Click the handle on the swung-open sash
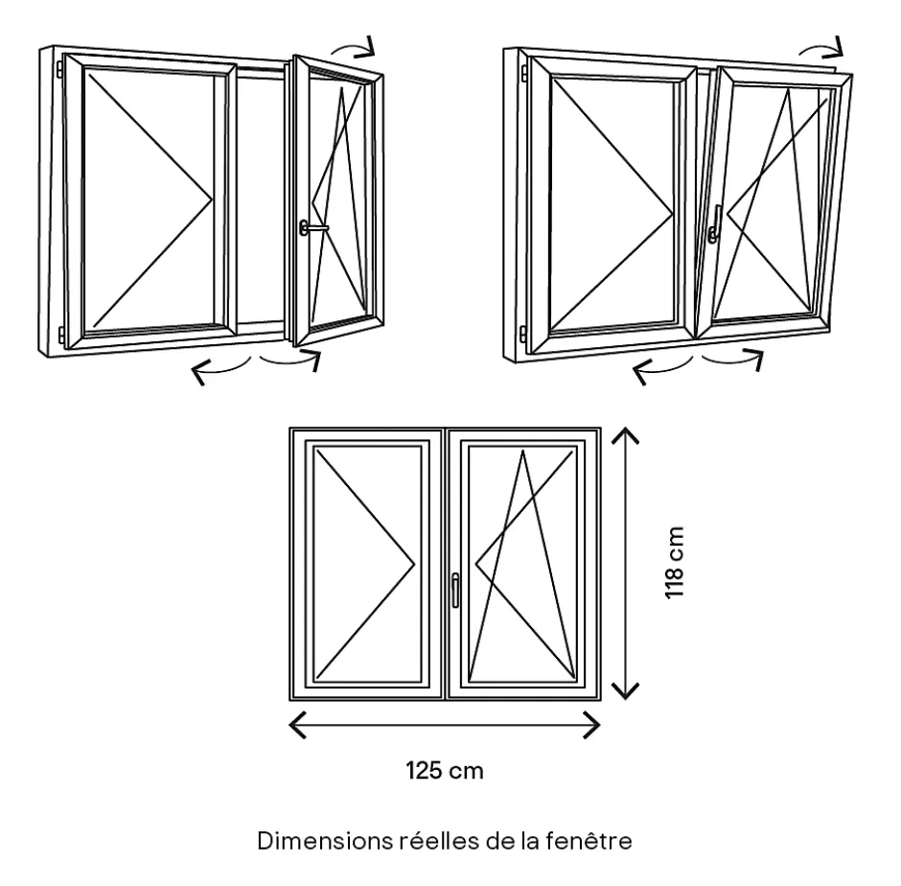coord(311,227)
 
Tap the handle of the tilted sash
coord(716,224)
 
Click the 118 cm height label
coord(676,563)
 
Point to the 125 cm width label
coord(444,770)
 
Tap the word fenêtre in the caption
coord(598,843)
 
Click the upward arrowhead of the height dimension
coord(625,436)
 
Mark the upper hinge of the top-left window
coord(59,71)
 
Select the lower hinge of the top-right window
coord(522,333)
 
